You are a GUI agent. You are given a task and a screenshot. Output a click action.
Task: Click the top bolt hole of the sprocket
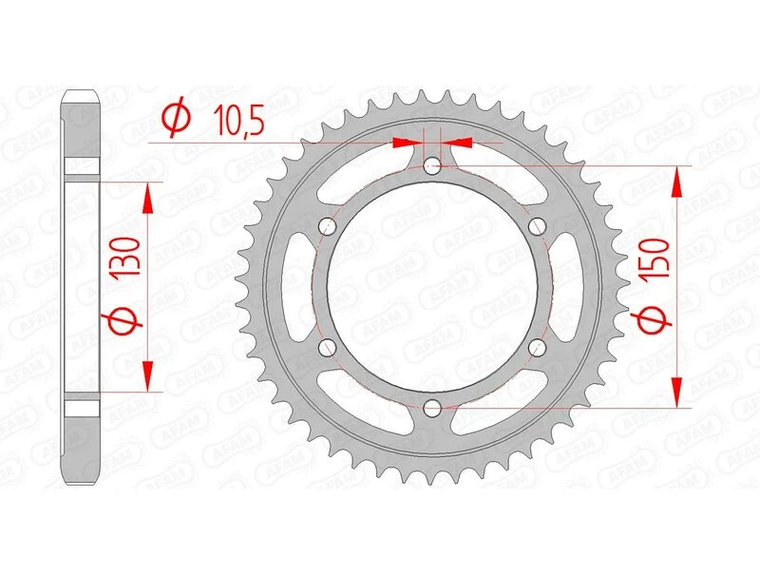click(433, 167)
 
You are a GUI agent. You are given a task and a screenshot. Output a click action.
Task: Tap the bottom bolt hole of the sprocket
click(433, 408)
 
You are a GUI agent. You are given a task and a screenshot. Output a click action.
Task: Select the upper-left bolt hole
click(329, 226)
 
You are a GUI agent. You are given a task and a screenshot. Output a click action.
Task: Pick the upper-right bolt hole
click(538, 226)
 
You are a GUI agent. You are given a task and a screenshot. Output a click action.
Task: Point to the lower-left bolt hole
click(329, 347)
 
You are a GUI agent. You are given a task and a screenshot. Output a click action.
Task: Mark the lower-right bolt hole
click(538, 347)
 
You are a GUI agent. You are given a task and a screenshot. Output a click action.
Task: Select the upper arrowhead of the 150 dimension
click(677, 181)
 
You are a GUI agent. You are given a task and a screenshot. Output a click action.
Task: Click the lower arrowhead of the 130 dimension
click(147, 376)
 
